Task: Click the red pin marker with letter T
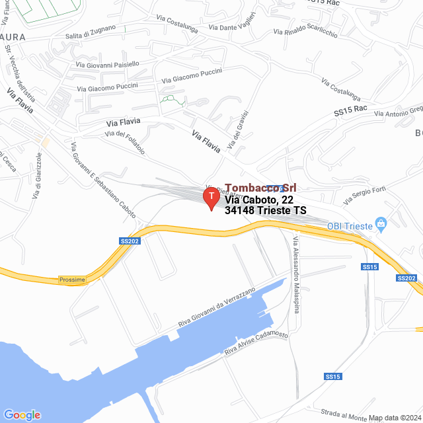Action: pyautogui.click(x=211, y=198)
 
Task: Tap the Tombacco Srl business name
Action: pyautogui.click(x=260, y=188)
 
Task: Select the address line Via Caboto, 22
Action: pyautogui.click(x=258, y=199)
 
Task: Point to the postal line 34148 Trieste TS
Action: pyautogui.click(x=266, y=211)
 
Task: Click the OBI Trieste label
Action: pyautogui.click(x=350, y=225)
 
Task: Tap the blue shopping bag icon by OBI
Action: pyautogui.click(x=381, y=225)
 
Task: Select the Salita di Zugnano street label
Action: pyautogui.click(x=90, y=31)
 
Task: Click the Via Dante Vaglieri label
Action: pyautogui.click(x=232, y=25)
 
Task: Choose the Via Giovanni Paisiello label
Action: pyautogui.click(x=108, y=64)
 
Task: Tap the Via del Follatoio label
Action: pyautogui.click(x=125, y=142)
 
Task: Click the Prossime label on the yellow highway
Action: pyautogui.click(x=72, y=280)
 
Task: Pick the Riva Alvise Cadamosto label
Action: pyautogui.click(x=256, y=342)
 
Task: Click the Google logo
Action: pyautogui.click(x=22, y=415)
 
